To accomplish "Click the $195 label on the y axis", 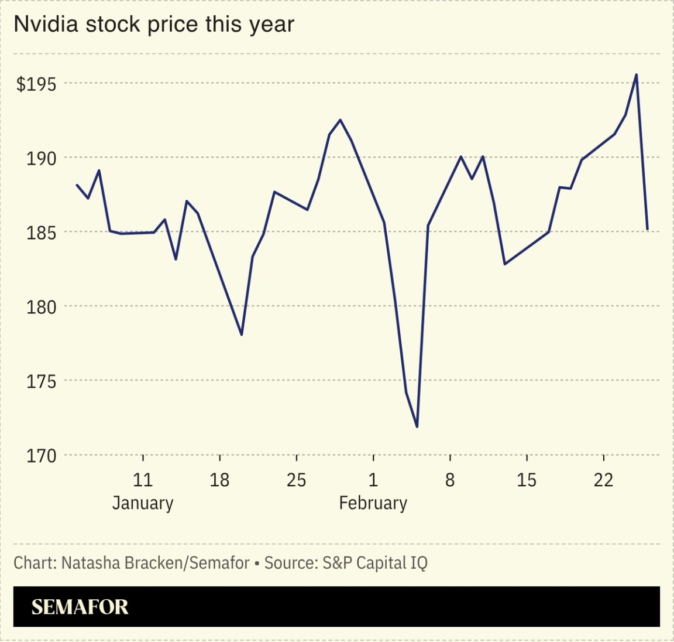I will (x=36, y=84).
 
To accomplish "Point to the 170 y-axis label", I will (x=41, y=456).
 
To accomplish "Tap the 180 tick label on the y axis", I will (x=41, y=307).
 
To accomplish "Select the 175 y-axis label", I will (x=41, y=381).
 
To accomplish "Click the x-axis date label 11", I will (x=143, y=480).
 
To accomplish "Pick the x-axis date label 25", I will (x=296, y=480).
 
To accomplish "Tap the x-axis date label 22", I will (x=603, y=480).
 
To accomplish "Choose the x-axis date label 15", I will (x=527, y=480).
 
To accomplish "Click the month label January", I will (x=143, y=503).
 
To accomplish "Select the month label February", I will (x=373, y=503).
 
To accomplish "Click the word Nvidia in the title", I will (x=46, y=24).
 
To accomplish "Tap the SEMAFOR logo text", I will (x=80, y=607).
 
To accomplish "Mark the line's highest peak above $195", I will (x=637, y=74).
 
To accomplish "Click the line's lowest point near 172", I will (x=417, y=426).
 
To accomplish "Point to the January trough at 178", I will (x=241, y=334).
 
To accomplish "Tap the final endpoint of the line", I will (x=647, y=229).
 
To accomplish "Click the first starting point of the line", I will (x=77, y=185).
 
